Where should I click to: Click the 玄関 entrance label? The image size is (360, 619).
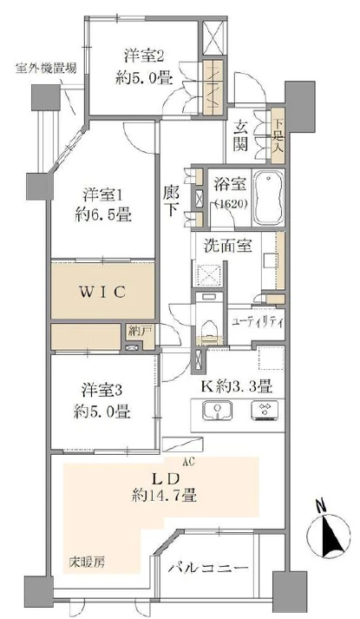pos(242,135)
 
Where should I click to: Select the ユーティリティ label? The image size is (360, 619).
pos(258,321)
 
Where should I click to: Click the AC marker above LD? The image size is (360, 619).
pos(189,463)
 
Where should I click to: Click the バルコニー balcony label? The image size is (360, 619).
pos(214,569)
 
